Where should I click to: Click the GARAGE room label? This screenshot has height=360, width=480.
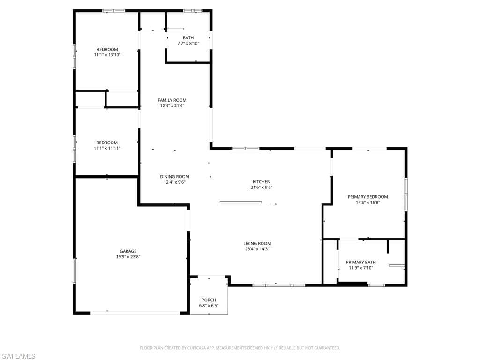(128, 251)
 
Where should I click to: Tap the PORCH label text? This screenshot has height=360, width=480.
(209, 300)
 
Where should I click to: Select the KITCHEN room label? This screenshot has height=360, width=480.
(262, 182)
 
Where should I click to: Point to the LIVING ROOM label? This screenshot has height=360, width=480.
(257, 243)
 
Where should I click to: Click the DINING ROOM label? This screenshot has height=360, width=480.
(174, 177)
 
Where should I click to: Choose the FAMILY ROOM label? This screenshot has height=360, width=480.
(172, 100)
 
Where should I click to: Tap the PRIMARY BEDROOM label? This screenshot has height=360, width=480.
(367, 197)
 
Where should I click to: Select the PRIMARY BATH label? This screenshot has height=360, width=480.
(360, 262)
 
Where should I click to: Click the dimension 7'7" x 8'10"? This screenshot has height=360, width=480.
(188, 44)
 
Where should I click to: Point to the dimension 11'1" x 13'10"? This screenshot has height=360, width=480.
(107, 55)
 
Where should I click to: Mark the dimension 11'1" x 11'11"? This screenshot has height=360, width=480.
(107, 148)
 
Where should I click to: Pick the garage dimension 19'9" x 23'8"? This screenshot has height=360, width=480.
(128, 257)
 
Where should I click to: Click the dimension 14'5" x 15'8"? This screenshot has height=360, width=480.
(367, 202)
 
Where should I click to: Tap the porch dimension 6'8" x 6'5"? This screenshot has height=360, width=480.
(209, 306)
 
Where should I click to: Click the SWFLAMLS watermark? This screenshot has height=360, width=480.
(18, 356)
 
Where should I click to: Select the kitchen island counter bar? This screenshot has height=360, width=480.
(240, 202)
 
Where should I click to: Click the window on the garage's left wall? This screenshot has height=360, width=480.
(74, 271)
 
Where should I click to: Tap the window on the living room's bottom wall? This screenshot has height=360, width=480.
(279, 285)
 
